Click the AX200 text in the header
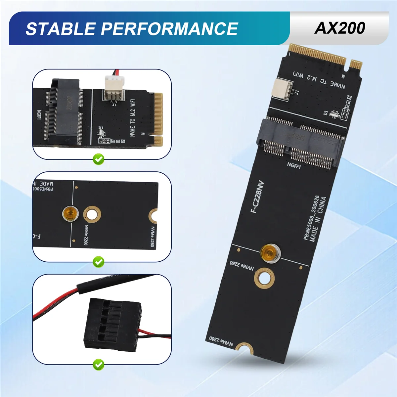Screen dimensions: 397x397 [340, 28]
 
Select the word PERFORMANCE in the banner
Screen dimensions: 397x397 [169, 29]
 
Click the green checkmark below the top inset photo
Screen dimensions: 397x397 [98, 159]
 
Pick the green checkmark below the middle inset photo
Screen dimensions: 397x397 [98, 262]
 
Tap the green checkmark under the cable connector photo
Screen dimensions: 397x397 [98, 365]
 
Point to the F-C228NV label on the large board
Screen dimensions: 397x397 [258, 197]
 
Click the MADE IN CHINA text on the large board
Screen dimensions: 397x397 [318, 219]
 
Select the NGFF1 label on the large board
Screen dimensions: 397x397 [294, 165]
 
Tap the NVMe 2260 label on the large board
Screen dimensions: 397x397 [242, 265]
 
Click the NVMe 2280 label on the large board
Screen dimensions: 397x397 [221, 342]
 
